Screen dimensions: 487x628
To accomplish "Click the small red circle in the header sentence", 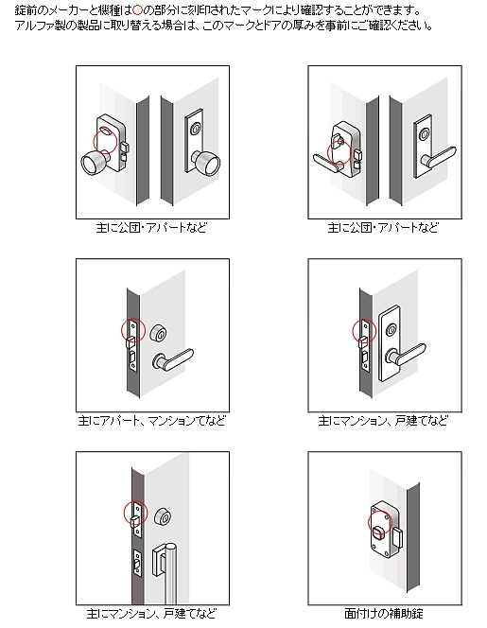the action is tap(137, 9).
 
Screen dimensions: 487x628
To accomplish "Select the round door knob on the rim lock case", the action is tap(96, 163).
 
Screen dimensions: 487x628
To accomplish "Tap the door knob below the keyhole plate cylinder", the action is tap(207, 164).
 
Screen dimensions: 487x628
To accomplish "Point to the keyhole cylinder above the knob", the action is tap(196, 129).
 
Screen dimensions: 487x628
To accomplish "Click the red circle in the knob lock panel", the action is tap(105, 141).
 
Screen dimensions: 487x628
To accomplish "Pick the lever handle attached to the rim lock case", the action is tap(327, 164).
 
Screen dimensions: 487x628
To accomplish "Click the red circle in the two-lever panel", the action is tap(339, 152).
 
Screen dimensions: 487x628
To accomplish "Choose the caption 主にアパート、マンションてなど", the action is tap(152, 421).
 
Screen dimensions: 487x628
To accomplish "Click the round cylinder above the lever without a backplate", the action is tap(159, 333).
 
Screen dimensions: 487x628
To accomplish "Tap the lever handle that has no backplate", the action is tap(172, 359).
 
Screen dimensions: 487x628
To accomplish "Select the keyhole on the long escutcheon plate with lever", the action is tap(391, 330).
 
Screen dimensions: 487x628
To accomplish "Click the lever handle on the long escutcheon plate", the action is tap(406, 355).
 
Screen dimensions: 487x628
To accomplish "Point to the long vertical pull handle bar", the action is tap(171, 573).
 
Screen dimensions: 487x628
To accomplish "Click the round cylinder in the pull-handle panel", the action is tap(163, 517).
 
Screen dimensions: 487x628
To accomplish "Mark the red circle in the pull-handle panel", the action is tap(136, 513).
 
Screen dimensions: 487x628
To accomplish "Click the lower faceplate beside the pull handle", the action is tap(137, 564).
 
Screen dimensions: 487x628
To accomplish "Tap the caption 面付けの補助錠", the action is tap(384, 614).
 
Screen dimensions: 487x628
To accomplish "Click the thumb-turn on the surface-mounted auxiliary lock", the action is tap(379, 532).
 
